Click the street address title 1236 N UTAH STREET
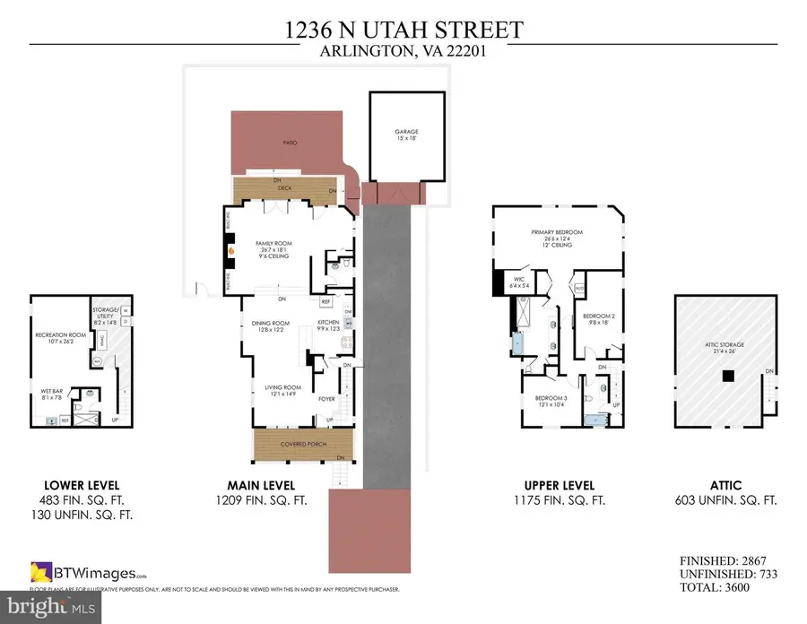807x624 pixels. click(403, 30)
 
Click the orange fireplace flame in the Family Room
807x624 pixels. click(231, 251)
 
